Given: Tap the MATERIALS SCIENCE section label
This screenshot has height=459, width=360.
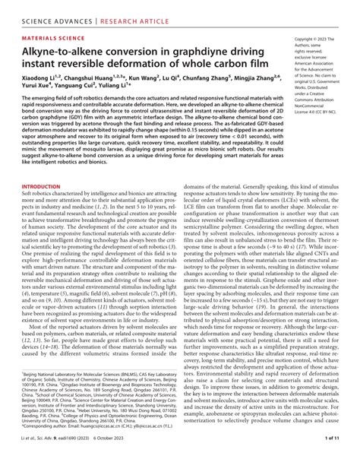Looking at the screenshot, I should click(54, 35).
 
